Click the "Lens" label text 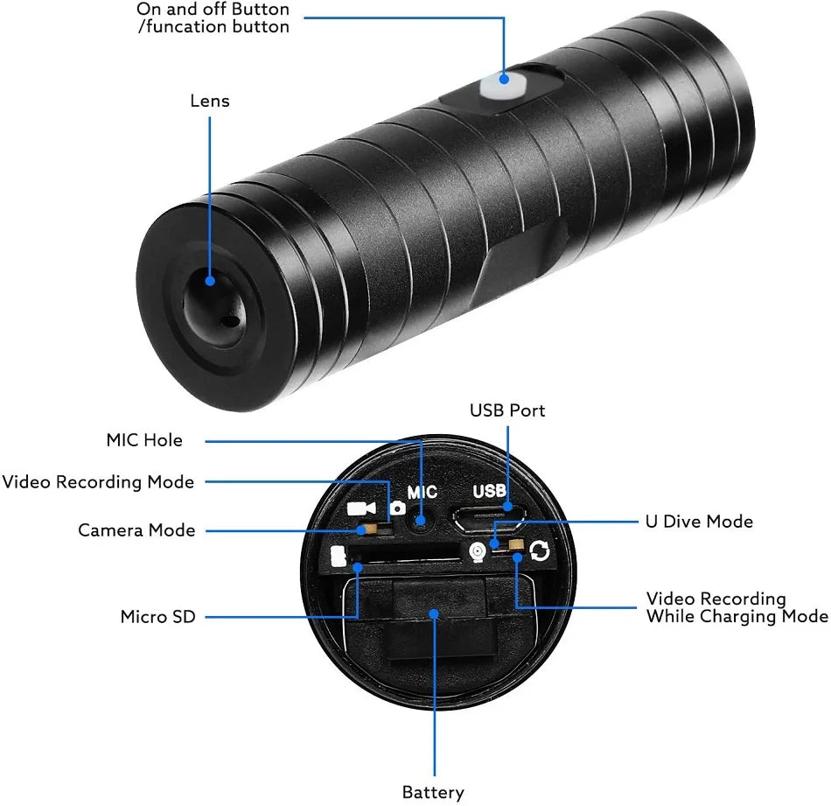210,101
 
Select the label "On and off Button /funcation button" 213,18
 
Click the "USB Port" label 507,410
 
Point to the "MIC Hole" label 144,440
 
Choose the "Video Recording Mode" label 98,482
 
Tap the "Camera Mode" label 136,530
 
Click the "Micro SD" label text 157,617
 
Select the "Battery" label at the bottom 433,792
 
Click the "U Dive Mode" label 699,522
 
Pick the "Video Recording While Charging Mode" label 737,607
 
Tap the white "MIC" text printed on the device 422,493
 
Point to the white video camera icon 360,508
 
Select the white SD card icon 339,557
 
